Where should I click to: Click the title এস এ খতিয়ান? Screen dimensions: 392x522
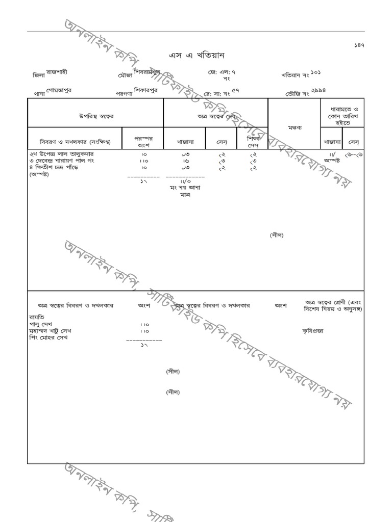point(197,56)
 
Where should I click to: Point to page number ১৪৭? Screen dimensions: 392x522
point(359,45)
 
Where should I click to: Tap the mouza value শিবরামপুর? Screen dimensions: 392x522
point(147,72)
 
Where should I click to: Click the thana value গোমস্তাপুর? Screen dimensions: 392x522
point(59,90)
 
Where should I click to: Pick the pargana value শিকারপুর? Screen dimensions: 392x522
point(145,90)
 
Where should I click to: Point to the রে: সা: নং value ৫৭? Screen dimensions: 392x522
point(235,90)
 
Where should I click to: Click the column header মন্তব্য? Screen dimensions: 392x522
point(295,127)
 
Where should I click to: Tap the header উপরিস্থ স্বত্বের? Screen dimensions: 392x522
point(96,116)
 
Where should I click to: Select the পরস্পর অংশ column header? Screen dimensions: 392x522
point(143,141)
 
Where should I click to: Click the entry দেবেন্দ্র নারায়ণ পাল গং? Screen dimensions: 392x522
point(65,161)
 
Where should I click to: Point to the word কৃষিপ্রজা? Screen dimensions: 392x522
point(312,331)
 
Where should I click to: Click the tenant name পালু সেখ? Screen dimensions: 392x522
point(44,324)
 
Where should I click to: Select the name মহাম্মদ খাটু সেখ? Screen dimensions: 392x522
point(50,331)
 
